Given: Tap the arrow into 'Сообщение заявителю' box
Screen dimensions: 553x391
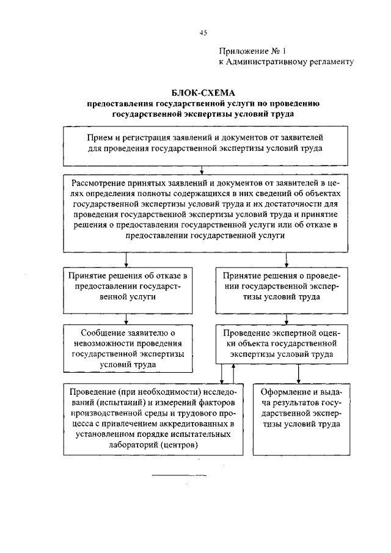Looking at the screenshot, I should pos(126,318).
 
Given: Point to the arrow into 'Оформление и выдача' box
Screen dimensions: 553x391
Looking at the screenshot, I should pos(298,374).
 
